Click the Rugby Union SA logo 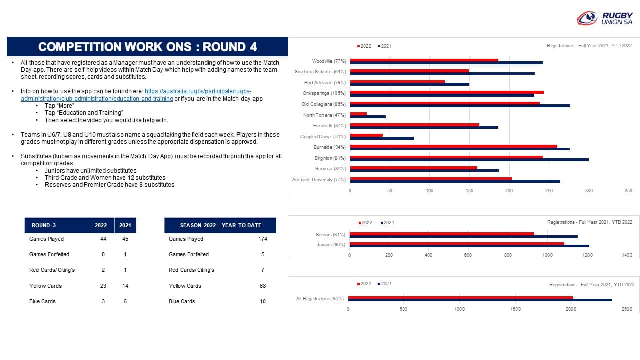pyautogui.click(x=605, y=18)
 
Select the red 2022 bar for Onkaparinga pyautogui.click(x=447, y=92)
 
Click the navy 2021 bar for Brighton pyautogui.click(x=469, y=160)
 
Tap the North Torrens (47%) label pyautogui.click(x=324, y=115)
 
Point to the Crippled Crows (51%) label pyautogui.click(x=323, y=137)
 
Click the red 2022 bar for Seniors pyautogui.click(x=442, y=234)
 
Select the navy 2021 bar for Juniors pyautogui.click(x=469, y=246)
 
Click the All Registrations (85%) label pyautogui.click(x=320, y=299)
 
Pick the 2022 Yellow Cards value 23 pyautogui.click(x=103, y=286)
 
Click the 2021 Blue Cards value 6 pyautogui.click(x=125, y=301)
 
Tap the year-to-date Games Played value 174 pyautogui.click(x=263, y=239)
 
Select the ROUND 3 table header pyautogui.click(x=44, y=225)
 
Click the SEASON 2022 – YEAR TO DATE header pyautogui.click(x=220, y=225)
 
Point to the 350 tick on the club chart pyautogui.click(x=628, y=191)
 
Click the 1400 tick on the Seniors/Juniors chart pyautogui.click(x=627, y=255)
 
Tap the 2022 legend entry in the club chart pyautogui.click(x=364, y=46)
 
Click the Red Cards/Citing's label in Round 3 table pyautogui.click(x=52, y=270)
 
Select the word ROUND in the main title pyautogui.click(x=224, y=47)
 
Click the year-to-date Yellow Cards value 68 pyautogui.click(x=263, y=286)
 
